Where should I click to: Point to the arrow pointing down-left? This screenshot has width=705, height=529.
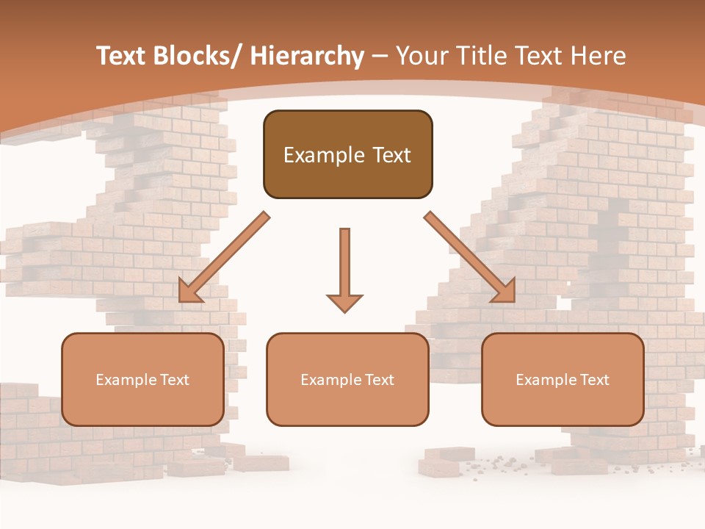click(x=224, y=257)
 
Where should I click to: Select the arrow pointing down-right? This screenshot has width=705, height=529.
click(x=470, y=257)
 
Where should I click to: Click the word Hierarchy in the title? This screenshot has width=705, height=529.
click(x=307, y=56)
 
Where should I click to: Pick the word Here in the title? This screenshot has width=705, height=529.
click(x=599, y=56)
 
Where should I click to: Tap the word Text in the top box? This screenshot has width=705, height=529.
click(x=391, y=155)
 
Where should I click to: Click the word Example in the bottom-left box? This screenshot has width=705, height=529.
click(x=120, y=380)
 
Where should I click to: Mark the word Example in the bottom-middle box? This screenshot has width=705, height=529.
click(x=325, y=380)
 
